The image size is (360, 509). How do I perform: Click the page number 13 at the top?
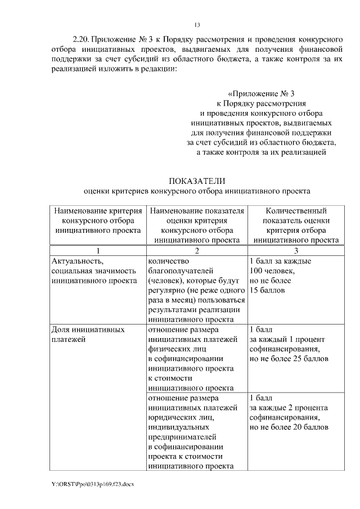pos(197,25)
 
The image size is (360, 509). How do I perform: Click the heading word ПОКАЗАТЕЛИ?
pos(197,181)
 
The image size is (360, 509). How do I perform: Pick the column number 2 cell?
pos(196,250)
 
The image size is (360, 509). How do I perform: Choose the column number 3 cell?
pos(296,250)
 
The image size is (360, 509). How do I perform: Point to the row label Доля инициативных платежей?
pos(87,334)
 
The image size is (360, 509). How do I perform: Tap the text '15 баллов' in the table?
pos(267,290)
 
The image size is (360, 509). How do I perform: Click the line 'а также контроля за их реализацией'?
pos(261,152)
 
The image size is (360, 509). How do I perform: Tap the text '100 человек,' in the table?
pos(272,271)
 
